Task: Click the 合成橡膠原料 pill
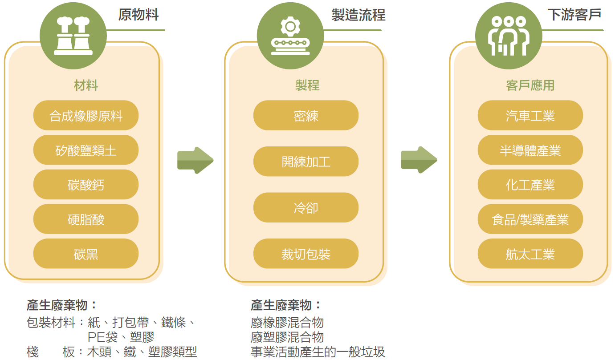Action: tap(86, 116)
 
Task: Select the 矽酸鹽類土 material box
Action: tap(86, 150)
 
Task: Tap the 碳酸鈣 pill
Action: tap(86, 185)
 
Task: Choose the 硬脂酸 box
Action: tap(86, 219)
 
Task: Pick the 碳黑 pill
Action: tap(86, 254)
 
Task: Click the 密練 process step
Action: tap(306, 116)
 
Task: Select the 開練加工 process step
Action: tap(306, 162)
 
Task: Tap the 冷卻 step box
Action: tap(306, 208)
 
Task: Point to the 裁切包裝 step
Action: tap(306, 254)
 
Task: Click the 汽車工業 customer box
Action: tap(530, 116)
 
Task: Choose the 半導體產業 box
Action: tap(530, 150)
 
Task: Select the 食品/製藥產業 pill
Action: tap(530, 219)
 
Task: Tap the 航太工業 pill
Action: tap(530, 254)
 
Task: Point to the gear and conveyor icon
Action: tap(290, 36)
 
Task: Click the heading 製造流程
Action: tap(358, 16)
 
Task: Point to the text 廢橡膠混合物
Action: tap(287, 322)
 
